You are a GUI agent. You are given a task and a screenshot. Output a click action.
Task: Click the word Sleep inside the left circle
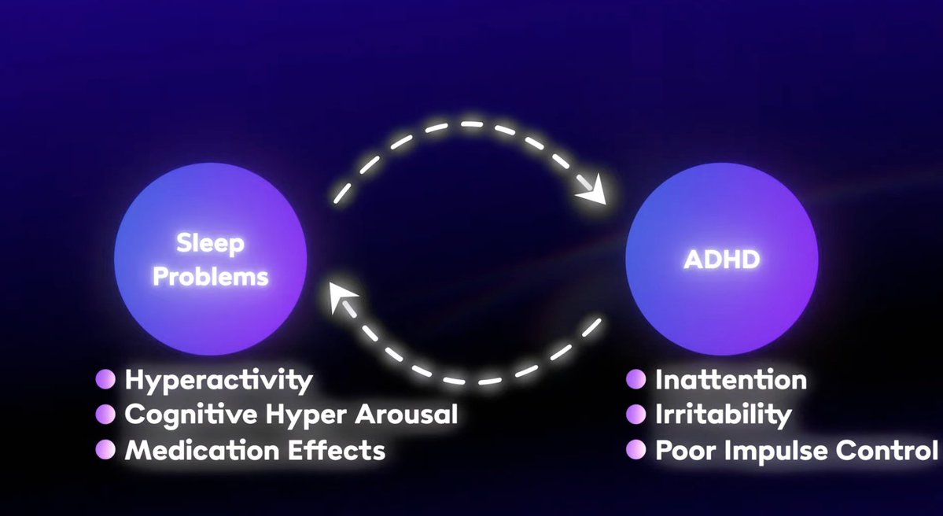coord(210,244)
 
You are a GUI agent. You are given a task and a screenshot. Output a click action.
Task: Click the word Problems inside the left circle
coord(210,277)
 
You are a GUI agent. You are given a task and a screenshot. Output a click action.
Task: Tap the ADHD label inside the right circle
coord(721,260)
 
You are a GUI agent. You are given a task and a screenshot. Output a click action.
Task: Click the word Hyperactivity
coord(219,381)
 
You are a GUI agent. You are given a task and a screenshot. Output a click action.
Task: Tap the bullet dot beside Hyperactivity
coord(105,380)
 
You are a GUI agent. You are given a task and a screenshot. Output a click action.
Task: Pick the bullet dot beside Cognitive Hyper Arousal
coord(105,415)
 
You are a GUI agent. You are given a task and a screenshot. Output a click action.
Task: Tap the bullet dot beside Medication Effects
coord(105,450)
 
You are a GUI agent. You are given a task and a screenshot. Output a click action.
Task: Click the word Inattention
coord(731,381)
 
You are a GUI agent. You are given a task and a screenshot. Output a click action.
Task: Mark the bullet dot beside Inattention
coord(635,380)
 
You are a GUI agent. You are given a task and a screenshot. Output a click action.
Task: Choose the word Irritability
coord(723,415)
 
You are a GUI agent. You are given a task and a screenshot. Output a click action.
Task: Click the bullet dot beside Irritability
coord(635,415)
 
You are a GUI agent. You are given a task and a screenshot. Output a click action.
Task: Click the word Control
coord(887,451)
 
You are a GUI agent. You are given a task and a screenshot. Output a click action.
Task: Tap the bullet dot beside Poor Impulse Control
coord(635,450)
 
